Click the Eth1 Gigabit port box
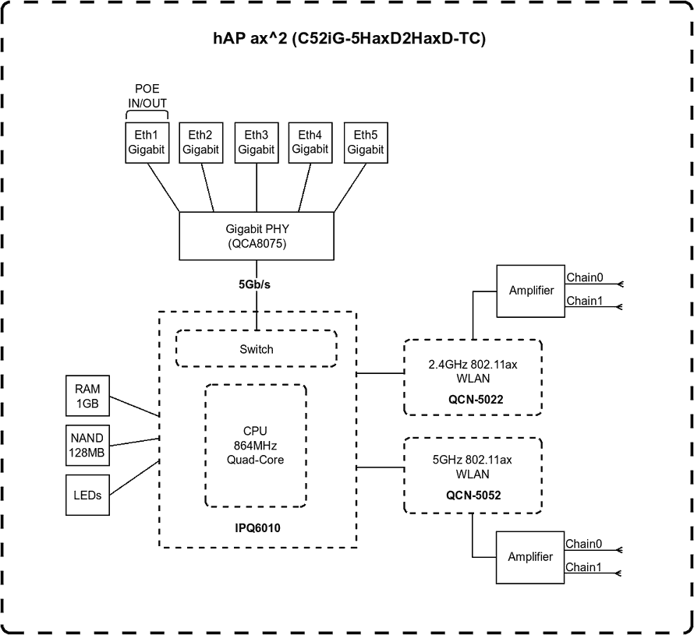[147, 143]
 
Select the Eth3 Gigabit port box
[256, 143]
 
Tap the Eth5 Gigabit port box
[365, 143]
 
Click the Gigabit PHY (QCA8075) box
[257, 236]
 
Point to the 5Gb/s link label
[255, 284]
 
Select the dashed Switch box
[257, 349]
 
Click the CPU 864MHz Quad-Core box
[256, 445]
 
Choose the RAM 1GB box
[88, 397]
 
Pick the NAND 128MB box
[88, 446]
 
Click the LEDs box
[88, 495]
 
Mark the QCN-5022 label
[473, 399]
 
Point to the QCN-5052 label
[473, 494]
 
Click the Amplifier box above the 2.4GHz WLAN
[531, 291]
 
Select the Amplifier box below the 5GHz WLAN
[531, 556]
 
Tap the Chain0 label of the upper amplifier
[584, 277]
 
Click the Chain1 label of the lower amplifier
[584, 567]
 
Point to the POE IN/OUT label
[147, 97]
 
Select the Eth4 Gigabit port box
[310, 143]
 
